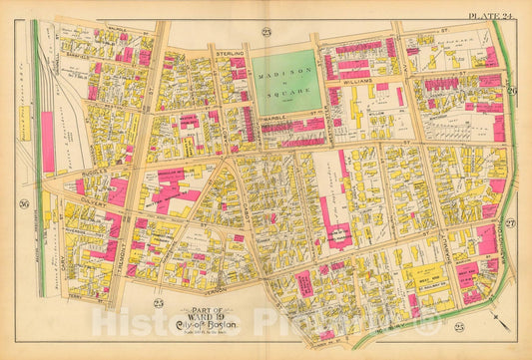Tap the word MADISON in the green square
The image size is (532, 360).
coord(282,72)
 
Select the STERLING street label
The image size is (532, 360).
coord(231,46)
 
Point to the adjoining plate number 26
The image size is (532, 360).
coord(511,93)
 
